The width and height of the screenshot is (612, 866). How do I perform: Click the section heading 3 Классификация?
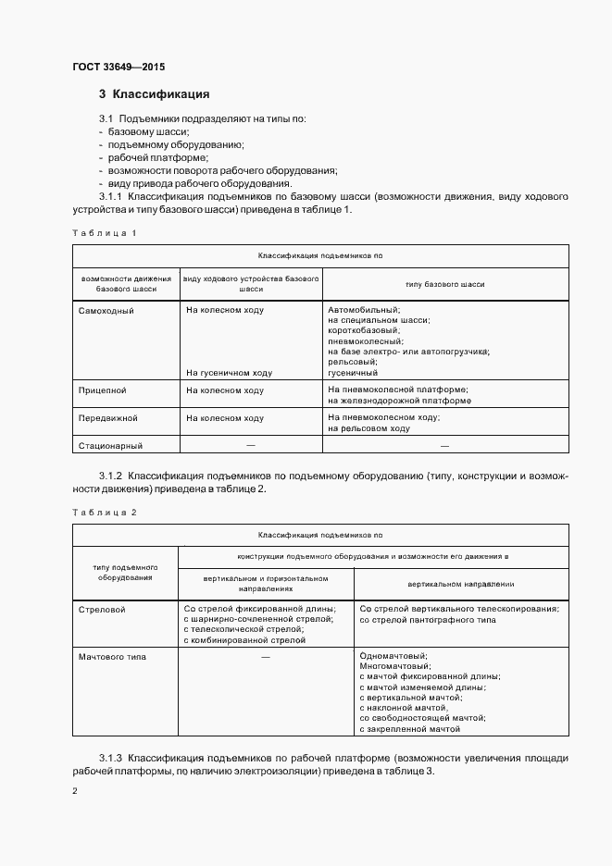[x=154, y=94]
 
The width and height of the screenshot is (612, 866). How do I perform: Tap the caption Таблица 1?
[x=104, y=233]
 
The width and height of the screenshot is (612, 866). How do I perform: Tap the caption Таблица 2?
[x=104, y=512]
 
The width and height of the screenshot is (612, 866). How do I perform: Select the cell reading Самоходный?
[x=106, y=310]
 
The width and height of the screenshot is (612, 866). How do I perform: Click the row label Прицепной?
[x=103, y=390]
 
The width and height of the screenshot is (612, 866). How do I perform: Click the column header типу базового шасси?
[x=444, y=284]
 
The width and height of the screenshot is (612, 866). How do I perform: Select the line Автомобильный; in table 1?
[x=364, y=309]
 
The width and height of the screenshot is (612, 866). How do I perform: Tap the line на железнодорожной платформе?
[x=399, y=401]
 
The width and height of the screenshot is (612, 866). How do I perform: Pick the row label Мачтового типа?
[x=113, y=656]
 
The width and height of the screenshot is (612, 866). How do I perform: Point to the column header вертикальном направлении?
[x=461, y=585]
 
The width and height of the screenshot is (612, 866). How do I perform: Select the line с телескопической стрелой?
[x=244, y=630]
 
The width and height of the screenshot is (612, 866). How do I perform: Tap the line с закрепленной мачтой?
[x=409, y=729]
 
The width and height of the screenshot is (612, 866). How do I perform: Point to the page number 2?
[x=74, y=791]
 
